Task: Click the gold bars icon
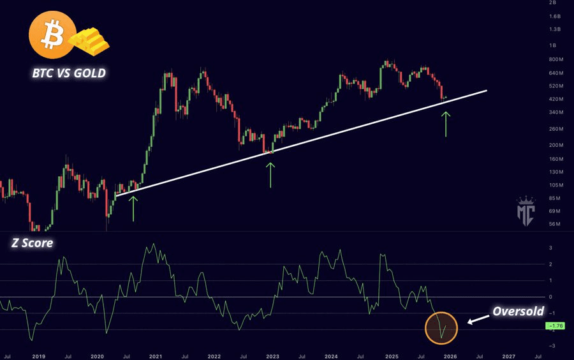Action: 90,41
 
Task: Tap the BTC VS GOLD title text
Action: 70,73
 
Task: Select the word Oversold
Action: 517,311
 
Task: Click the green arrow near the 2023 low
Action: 270,174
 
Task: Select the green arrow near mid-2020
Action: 133,208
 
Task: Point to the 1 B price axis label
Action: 554,45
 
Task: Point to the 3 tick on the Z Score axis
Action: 550,248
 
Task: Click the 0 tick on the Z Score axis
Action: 550,297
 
